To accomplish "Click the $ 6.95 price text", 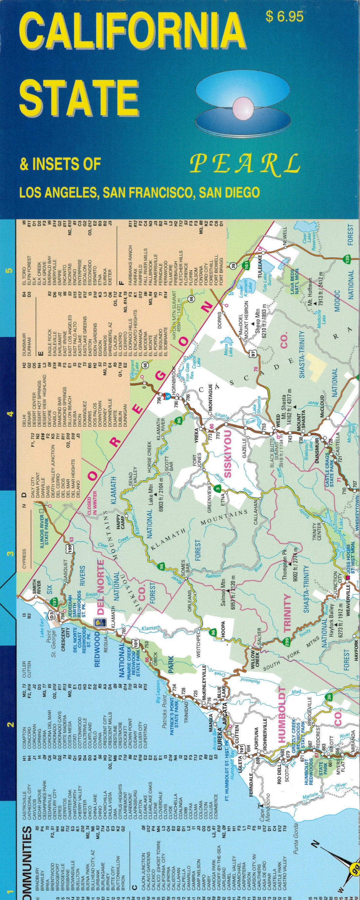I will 284,17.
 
